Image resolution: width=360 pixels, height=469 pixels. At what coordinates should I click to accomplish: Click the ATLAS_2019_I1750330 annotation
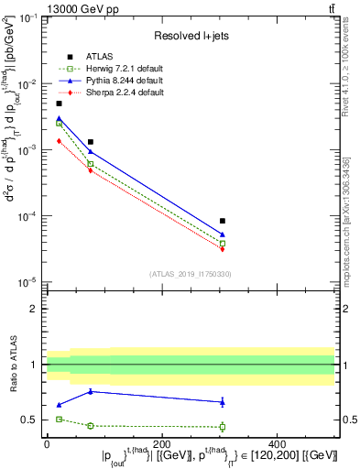click(x=190, y=273)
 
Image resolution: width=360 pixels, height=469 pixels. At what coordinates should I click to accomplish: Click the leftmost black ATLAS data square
click(x=60, y=104)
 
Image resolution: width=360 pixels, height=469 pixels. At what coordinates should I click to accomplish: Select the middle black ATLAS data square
click(x=90, y=142)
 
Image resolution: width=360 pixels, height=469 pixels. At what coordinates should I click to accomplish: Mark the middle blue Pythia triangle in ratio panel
click(x=90, y=391)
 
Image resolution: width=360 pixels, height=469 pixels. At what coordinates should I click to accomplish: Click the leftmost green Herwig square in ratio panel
click(x=60, y=419)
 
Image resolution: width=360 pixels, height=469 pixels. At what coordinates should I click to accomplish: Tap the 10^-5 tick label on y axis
click(x=27, y=281)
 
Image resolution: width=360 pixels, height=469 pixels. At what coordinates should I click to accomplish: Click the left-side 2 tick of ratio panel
click(x=35, y=309)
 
